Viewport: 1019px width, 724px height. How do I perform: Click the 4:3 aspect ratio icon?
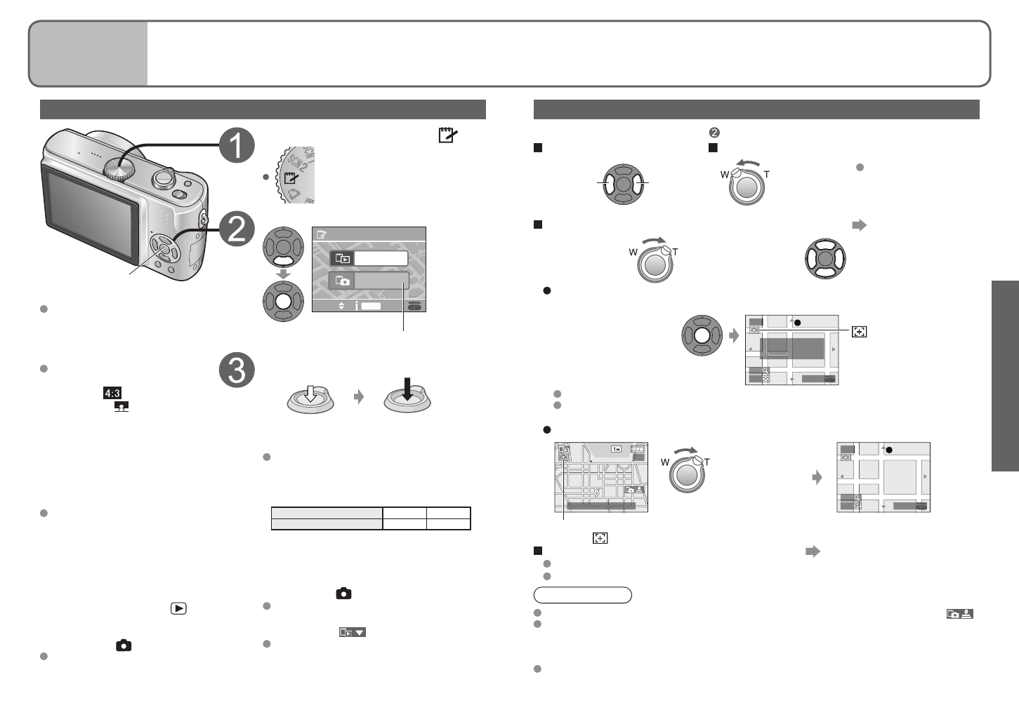(112, 394)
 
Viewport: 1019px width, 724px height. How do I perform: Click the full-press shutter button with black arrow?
(407, 397)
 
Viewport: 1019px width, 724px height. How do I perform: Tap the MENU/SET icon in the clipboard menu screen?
(416, 306)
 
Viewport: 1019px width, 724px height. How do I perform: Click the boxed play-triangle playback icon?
(178, 608)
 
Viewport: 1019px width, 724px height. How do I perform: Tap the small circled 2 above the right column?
(714, 132)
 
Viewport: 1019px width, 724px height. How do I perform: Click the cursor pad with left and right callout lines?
(623, 185)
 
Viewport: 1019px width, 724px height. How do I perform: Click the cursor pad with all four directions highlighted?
(825, 258)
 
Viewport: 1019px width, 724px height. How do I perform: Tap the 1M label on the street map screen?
(617, 449)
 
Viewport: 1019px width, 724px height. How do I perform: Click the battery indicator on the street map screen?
(638, 449)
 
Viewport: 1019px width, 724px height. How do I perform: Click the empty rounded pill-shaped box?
(582, 596)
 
